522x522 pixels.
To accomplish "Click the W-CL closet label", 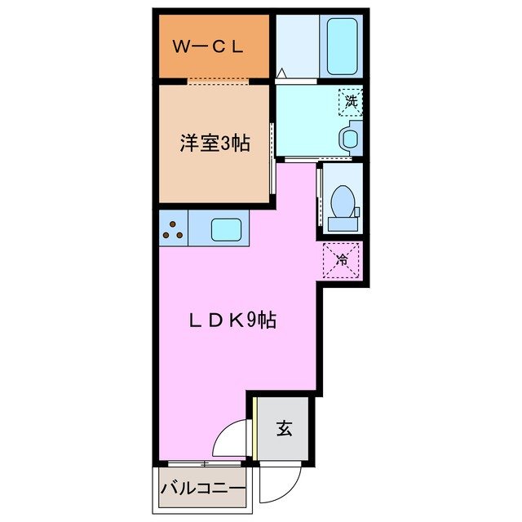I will click(207, 46).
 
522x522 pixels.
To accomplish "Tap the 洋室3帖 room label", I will click(215, 144).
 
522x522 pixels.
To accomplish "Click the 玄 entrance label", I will click(284, 427).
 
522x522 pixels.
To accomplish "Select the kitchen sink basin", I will click(226, 228).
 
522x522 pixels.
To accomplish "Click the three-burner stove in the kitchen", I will click(172, 228).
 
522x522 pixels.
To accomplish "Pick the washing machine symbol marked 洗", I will click(351, 102).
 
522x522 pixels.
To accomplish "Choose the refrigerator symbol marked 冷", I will click(341, 261).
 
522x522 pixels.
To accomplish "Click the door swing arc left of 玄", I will click(231, 440).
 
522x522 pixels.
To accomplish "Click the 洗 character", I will click(351, 102).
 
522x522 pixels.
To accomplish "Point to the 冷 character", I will click(341, 261).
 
